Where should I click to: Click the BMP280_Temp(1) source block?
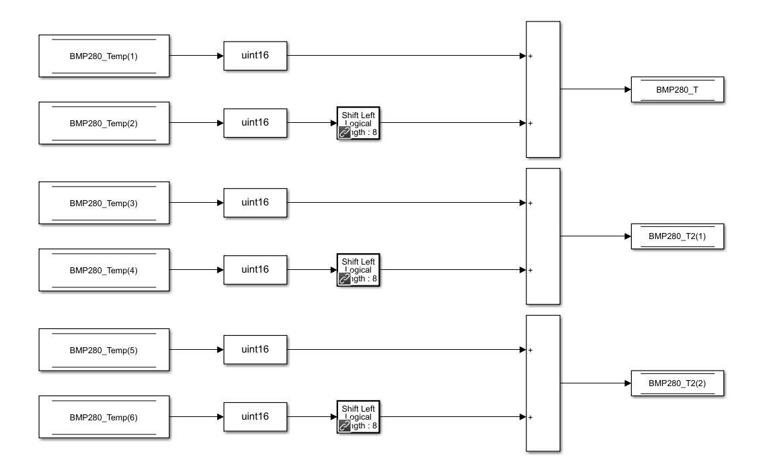coord(104,56)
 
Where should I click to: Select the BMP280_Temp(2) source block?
coord(104,123)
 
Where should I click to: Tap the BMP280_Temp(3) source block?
coord(104,203)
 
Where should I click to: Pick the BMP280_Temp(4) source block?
coord(104,270)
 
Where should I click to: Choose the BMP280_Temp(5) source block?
coord(104,350)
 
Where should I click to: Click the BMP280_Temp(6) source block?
coord(104,417)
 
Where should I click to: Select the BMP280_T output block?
coord(677,89)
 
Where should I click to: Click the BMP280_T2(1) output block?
coord(677,236)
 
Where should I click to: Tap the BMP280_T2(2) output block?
coord(677,383)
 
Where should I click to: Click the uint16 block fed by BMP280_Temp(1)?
coord(255,56)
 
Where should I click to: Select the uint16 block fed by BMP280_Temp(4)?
coord(255,270)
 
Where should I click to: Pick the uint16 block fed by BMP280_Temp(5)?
coord(255,350)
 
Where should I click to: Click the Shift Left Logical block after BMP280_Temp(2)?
coord(359,123)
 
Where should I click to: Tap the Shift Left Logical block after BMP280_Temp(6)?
coord(359,417)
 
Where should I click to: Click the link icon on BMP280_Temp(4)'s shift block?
coord(345,279)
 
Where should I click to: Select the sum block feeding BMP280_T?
coord(543,89)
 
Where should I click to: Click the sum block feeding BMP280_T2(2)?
coord(543,383)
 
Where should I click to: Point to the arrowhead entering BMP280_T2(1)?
coord(627,236)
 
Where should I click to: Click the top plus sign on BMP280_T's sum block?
coord(530,56)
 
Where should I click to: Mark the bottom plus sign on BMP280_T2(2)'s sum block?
coord(530,418)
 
